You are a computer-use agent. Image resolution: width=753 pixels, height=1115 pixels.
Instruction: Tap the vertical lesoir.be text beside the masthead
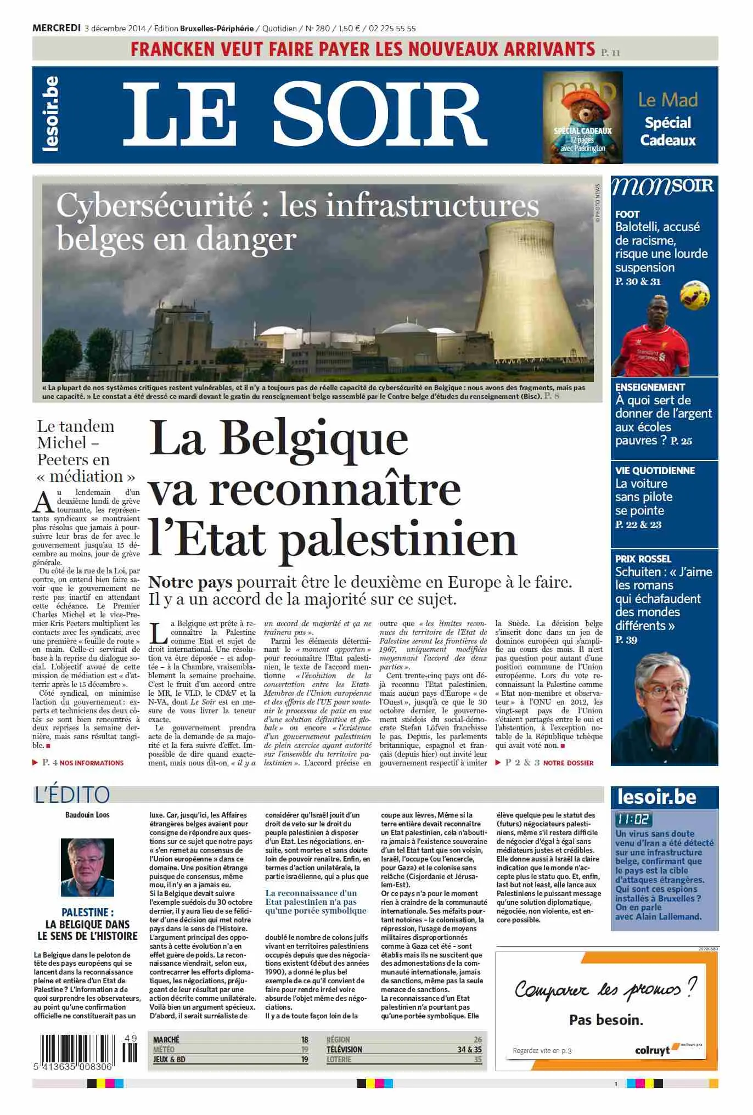pos(50,114)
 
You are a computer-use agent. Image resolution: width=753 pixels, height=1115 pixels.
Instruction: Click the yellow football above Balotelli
pos(694,295)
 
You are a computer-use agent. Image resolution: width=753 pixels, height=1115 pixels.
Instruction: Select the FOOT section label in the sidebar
pos(627,214)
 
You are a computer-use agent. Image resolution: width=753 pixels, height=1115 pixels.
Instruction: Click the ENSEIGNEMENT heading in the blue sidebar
pos(650,387)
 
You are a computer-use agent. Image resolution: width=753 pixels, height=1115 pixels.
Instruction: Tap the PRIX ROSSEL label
pos(643,559)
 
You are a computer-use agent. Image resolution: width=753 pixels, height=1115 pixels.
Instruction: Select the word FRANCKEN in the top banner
pos(172,49)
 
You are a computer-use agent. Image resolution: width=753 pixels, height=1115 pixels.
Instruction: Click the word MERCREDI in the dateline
pos(57,28)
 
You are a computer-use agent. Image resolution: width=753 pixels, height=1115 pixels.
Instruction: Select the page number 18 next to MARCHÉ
pos(305,1040)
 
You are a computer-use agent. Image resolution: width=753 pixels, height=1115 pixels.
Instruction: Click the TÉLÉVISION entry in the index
pos(344,1049)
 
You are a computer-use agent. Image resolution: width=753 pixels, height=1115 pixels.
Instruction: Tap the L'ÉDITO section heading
pos(72,795)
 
